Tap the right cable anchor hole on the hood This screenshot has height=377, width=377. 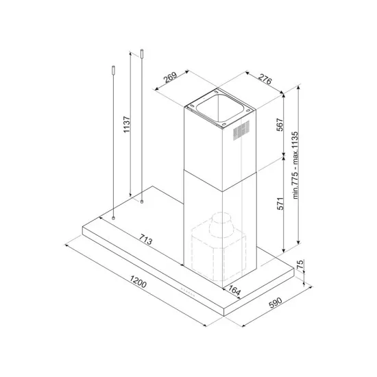[141, 202]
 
